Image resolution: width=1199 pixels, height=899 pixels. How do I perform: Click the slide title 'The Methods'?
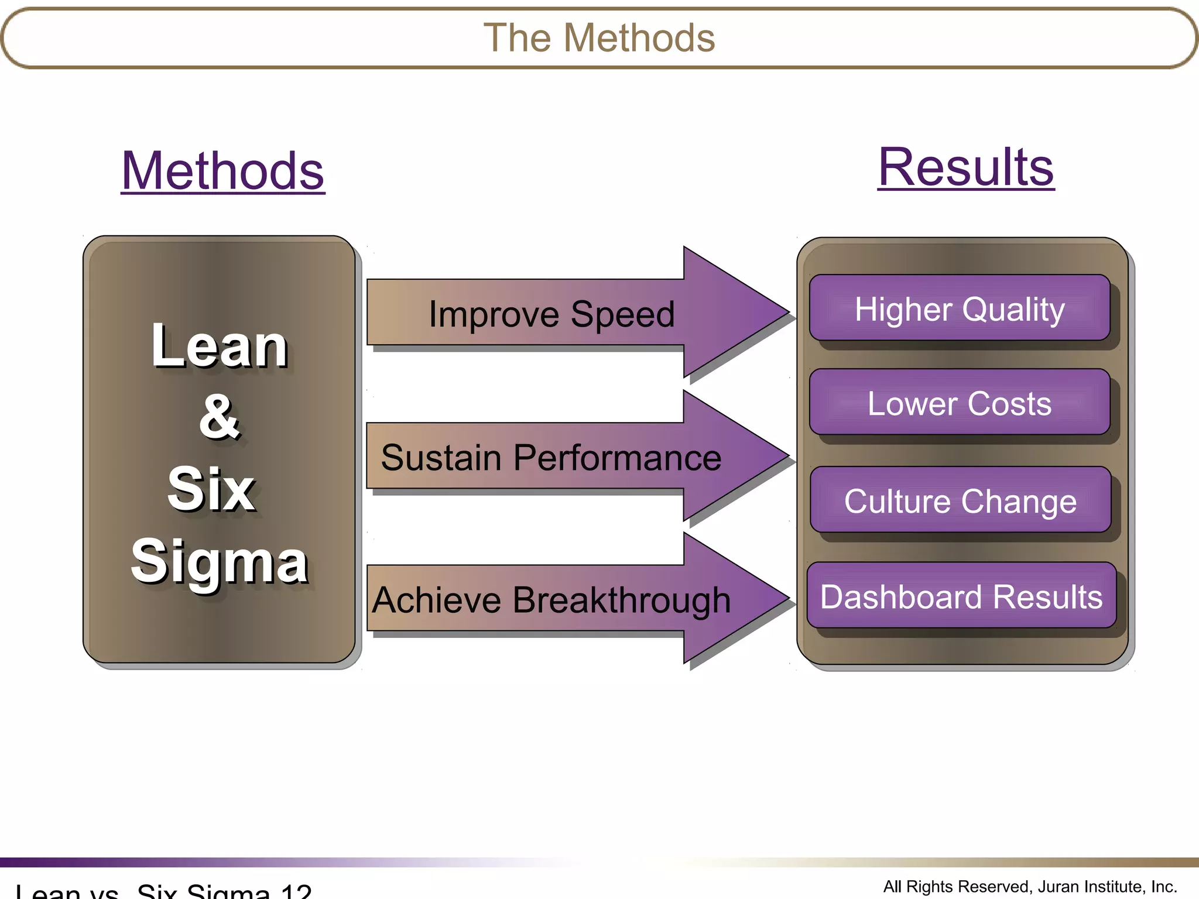click(x=599, y=38)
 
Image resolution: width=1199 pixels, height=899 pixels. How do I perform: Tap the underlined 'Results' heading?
click(x=966, y=167)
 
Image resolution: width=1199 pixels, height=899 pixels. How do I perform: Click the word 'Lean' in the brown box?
click(x=219, y=346)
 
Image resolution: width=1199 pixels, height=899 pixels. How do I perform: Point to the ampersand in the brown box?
click(x=219, y=417)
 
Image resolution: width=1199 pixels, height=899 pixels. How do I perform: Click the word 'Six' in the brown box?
click(x=211, y=489)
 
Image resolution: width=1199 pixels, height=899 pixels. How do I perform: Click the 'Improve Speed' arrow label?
click(x=551, y=314)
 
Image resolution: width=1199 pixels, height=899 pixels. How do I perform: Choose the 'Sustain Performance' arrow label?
click(x=551, y=457)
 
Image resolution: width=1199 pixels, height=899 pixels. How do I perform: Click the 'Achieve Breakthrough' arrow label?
click(x=551, y=601)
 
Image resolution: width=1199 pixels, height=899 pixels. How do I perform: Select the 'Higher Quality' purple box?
click(x=960, y=308)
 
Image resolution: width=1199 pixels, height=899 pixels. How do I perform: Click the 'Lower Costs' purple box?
click(x=960, y=403)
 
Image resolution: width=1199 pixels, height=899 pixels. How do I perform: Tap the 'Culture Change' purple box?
click(x=960, y=500)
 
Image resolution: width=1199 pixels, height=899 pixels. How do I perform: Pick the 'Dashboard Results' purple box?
click(x=961, y=596)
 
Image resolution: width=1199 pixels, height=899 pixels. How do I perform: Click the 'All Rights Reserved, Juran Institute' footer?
click(x=1030, y=887)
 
